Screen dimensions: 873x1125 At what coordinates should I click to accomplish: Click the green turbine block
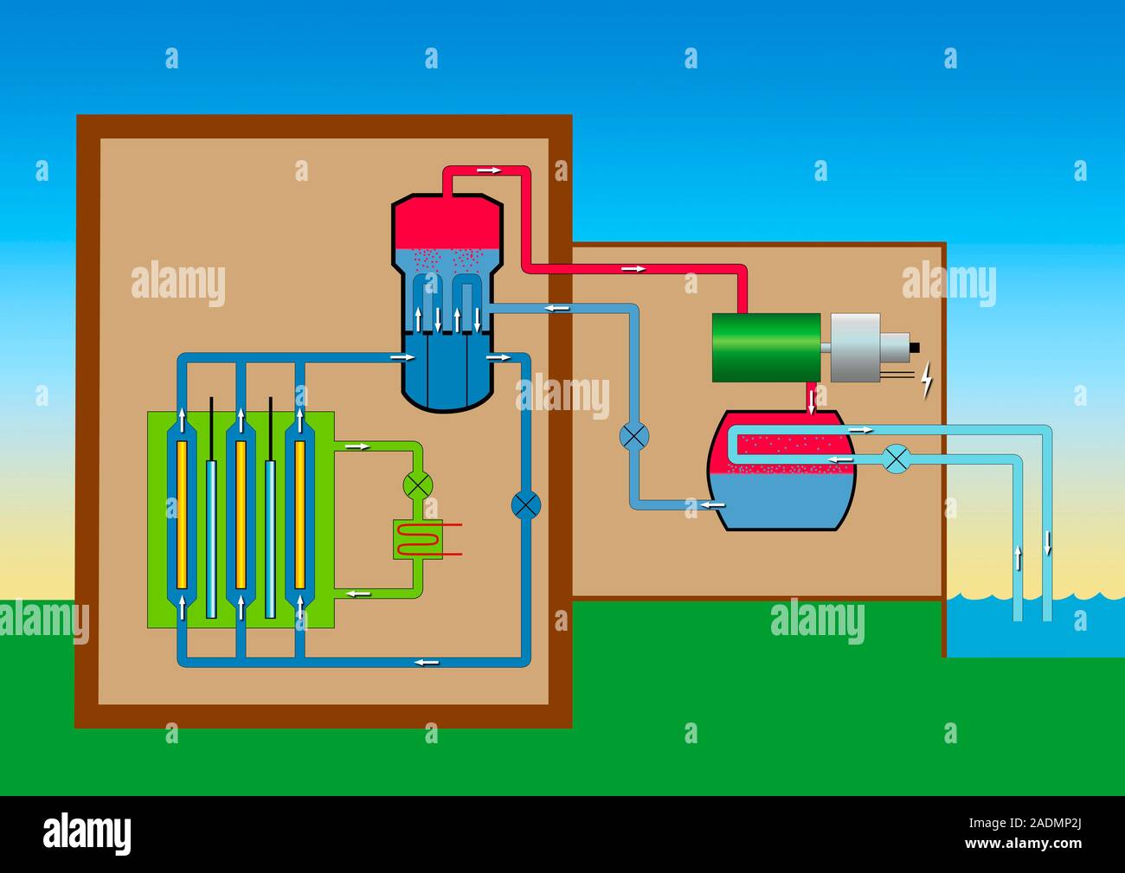(766, 346)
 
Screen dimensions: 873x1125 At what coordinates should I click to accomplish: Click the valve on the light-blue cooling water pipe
(897, 459)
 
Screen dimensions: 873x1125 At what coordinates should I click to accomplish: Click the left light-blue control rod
(211, 536)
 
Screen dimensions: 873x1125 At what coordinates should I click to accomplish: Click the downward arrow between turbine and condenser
(812, 399)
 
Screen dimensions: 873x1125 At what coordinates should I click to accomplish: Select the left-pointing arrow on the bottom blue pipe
(426, 662)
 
